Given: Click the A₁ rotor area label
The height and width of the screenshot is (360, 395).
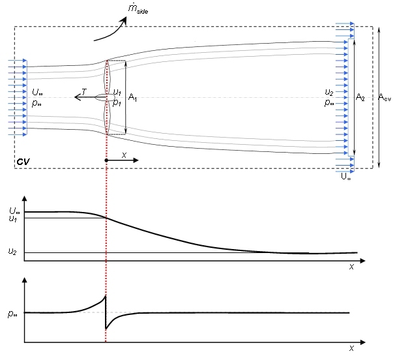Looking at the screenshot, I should [x=133, y=98].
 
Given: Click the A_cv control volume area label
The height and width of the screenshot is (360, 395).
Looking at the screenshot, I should [x=386, y=97].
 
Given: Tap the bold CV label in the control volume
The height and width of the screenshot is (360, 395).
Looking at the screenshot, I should [x=24, y=160].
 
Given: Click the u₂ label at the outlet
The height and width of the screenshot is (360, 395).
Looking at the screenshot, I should [x=330, y=93].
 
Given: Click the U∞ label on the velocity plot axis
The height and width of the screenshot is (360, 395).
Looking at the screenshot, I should [x=14, y=210].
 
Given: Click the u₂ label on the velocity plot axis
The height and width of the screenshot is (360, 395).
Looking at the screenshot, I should [x=12, y=251].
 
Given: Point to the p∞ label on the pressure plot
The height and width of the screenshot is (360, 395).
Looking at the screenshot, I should [x=13, y=312].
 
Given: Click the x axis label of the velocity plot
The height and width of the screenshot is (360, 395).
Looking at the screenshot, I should [x=351, y=266].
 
